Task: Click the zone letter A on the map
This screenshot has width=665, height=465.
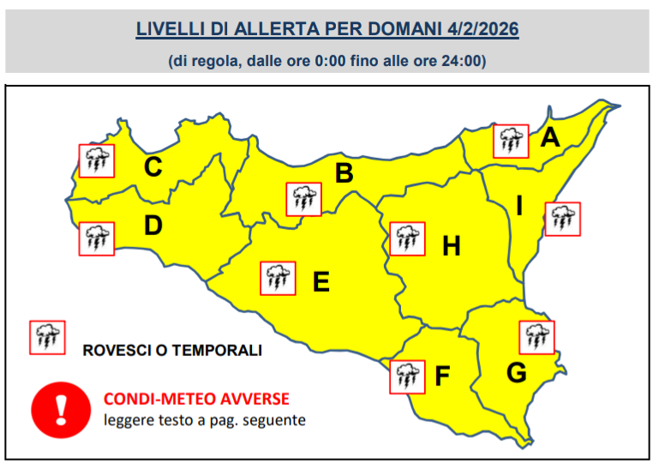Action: coord(550,137)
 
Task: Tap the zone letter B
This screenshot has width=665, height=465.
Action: coord(344,174)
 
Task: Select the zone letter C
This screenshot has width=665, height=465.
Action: coord(153,166)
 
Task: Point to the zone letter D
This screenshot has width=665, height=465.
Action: coord(153,226)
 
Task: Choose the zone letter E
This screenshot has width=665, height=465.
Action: coord(321,281)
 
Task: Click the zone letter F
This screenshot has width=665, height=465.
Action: coord(442,376)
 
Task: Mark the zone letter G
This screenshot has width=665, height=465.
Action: coord(516,373)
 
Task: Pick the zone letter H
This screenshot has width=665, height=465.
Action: coord(451,247)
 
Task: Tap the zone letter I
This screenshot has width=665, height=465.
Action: coord(518,206)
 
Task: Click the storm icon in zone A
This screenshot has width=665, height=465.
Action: coord(512,141)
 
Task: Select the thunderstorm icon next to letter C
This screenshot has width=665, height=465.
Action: coord(96,160)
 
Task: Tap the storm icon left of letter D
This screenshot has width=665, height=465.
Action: coord(96,239)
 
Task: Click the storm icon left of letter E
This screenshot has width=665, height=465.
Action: coord(277,278)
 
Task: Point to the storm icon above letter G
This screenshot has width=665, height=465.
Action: coord(536,337)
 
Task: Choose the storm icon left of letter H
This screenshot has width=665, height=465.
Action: coord(406,239)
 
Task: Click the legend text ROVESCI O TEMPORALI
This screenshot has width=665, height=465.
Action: coord(172,351)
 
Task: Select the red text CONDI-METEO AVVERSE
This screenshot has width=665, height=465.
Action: coord(196,399)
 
